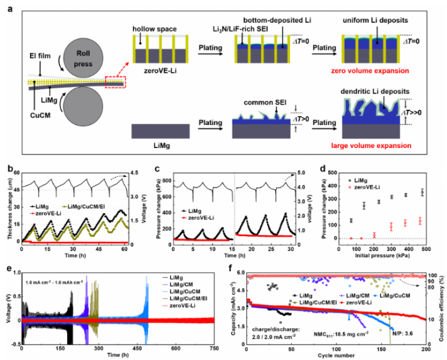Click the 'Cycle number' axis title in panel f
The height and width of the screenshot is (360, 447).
pos(335,350)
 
